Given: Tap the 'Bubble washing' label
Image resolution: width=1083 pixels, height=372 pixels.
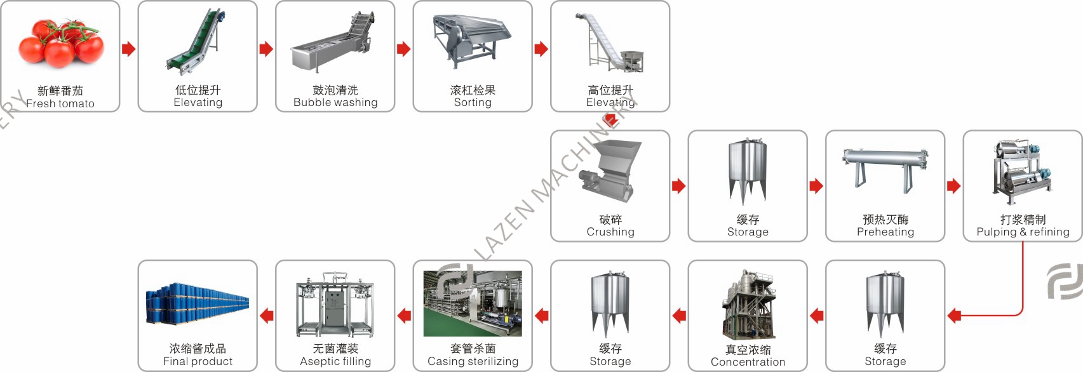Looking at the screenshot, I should (x=335, y=102).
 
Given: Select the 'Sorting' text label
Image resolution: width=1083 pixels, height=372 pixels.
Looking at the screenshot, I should (x=473, y=102).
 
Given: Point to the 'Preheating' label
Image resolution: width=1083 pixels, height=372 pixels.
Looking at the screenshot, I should (x=885, y=232).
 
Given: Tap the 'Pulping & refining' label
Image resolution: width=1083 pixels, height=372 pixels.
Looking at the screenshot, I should (x=1023, y=232).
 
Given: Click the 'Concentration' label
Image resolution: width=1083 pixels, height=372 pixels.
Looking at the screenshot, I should (x=748, y=362).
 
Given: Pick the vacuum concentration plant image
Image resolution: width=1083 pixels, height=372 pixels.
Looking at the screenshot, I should (x=748, y=305).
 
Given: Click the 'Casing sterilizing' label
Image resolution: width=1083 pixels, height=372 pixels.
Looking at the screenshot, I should (x=473, y=361).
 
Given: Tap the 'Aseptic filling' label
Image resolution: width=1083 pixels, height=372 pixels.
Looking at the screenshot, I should (x=335, y=361).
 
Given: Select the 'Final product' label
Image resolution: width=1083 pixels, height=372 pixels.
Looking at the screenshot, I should (x=198, y=361).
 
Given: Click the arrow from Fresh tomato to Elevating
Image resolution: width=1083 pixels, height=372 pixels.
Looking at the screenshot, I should (x=128, y=49).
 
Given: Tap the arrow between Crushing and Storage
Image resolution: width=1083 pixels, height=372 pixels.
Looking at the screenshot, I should (x=678, y=186).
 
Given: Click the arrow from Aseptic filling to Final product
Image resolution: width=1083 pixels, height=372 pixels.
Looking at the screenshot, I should (x=267, y=316).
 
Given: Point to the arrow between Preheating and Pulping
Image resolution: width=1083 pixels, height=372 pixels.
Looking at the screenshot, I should (x=953, y=186).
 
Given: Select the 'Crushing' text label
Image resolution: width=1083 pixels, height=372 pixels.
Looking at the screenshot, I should (x=610, y=232).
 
